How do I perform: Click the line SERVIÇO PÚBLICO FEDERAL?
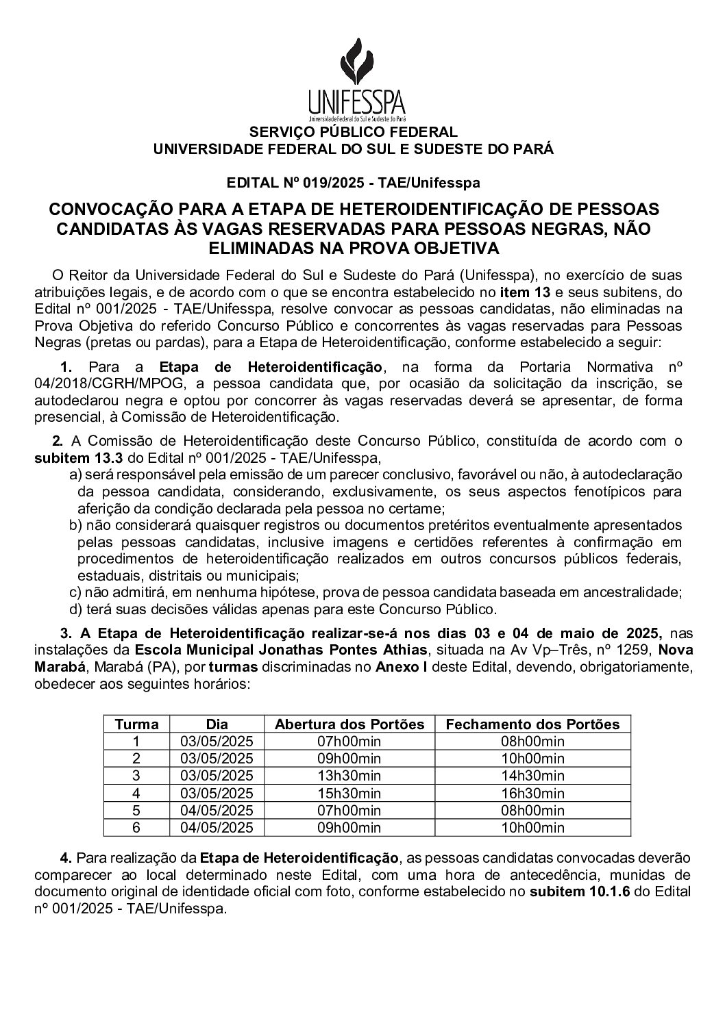[x=352, y=132]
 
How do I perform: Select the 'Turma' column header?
[x=136, y=724]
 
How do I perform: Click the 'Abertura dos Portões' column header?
[x=349, y=724]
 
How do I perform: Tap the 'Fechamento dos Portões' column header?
[x=532, y=724]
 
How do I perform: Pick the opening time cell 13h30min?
[x=349, y=776]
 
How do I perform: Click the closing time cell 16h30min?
[x=532, y=794]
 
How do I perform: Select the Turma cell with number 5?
[x=136, y=811]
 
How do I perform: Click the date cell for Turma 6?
[x=217, y=828]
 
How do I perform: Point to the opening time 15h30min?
[x=349, y=794]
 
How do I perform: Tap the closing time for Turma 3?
[x=532, y=776]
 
